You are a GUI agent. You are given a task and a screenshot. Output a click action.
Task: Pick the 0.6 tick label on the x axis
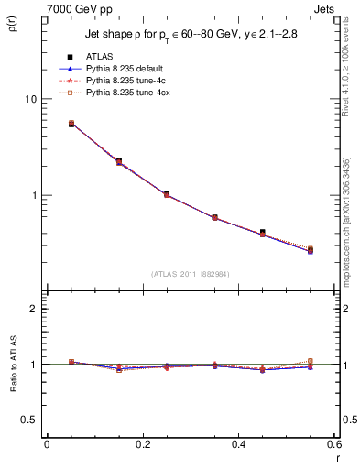[334, 444]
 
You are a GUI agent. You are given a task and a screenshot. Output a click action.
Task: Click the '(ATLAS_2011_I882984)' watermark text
[191, 274]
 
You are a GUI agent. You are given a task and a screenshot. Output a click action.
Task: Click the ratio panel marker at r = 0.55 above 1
[311, 361]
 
